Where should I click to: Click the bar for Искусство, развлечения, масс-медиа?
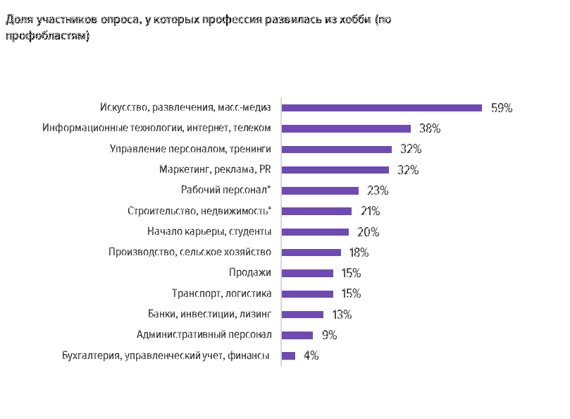click(x=381, y=108)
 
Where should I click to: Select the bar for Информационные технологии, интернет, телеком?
click(x=346, y=128)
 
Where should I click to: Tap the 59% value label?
click(x=502, y=108)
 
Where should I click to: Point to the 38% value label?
click(x=430, y=128)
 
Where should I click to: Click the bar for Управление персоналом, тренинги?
click(x=337, y=149)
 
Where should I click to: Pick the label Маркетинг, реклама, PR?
click(x=220, y=170)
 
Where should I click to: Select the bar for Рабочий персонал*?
click(x=320, y=190)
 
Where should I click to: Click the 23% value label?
click(x=378, y=190)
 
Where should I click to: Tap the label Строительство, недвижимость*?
click(x=199, y=211)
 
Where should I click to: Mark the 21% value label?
click(x=370, y=211)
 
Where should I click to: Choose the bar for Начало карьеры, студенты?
click(x=315, y=231)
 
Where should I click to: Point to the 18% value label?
click(x=359, y=253)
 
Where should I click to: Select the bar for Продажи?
click(x=307, y=273)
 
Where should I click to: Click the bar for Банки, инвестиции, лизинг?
click(x=302, y=315)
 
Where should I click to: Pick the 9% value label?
click(x=329, y=335)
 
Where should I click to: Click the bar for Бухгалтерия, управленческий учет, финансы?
click(x=288, y=356)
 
